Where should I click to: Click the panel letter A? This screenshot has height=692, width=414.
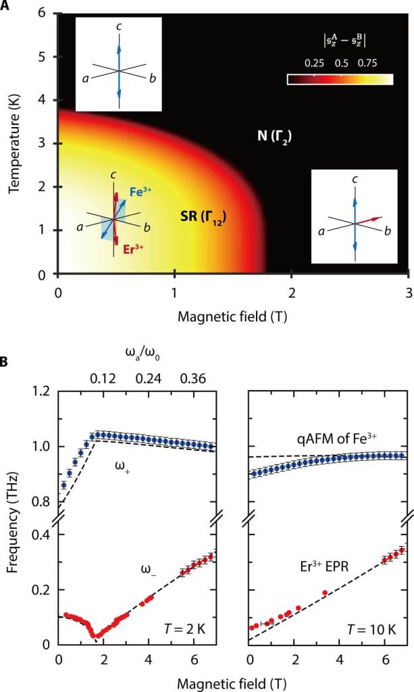[x=6, y=6]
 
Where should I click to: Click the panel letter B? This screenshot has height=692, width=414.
[x=6, y=362]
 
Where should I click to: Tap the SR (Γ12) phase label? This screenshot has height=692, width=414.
[x=203, y=217]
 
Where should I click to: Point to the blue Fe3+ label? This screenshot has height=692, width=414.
[x=140, y=192]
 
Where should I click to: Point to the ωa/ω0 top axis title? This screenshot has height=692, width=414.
[x=143, y=352]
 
